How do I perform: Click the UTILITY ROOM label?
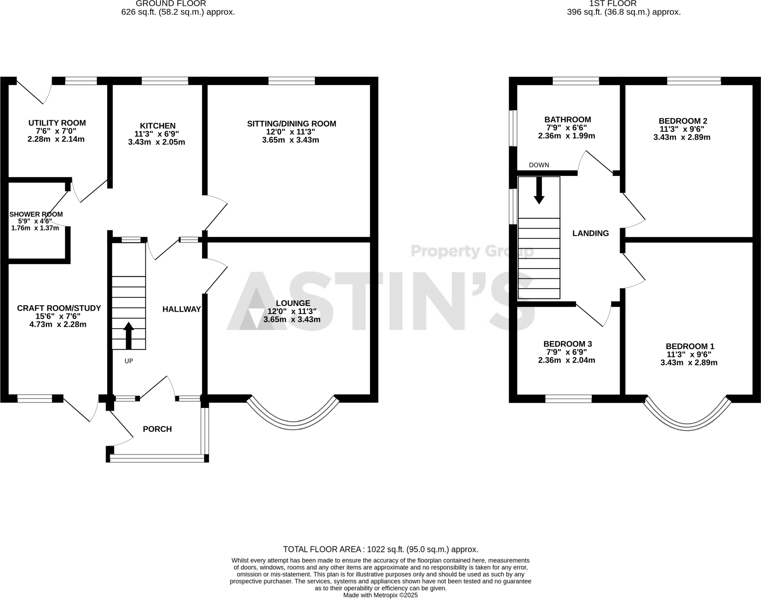(x=57, y=123)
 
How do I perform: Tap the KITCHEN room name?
(x=158, y=126)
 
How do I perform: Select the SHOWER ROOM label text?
(x=36, y=214)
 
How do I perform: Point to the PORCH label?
(x=157, y=429)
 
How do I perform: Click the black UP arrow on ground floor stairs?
(x=129, y=335)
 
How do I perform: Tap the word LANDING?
(x=590, y=233)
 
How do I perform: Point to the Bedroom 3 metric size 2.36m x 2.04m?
(x=566, y=360)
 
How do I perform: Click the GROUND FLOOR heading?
(x=171, y=4)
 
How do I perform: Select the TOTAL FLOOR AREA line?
(x=380, y=549)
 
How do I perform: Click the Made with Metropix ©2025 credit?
(x=380, y=595)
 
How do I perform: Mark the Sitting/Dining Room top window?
(x=291, y=81)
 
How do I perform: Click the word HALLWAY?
(x=181, y=309)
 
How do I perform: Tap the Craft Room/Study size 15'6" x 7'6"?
(x=58, y=316)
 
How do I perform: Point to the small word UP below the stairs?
(x=129, y=361)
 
